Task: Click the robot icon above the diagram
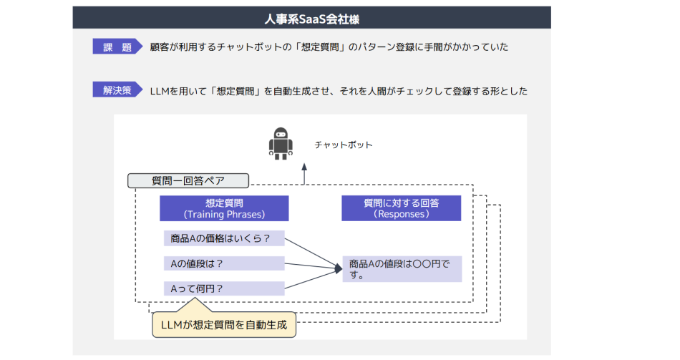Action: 281,144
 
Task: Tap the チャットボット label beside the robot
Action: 344,145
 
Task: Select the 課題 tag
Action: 117,47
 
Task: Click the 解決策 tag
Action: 117,91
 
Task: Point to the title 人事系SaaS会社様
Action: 311,17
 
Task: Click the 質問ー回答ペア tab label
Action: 188,180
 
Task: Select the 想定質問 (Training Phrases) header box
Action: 224,208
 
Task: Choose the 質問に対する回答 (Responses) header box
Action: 401,208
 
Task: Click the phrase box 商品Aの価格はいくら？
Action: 223,238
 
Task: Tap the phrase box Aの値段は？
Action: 223,263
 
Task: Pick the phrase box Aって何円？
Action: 223,288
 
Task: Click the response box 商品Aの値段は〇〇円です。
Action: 402,269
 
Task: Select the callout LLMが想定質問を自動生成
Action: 224,326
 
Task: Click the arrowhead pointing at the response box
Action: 338,269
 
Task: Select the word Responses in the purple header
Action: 402,214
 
